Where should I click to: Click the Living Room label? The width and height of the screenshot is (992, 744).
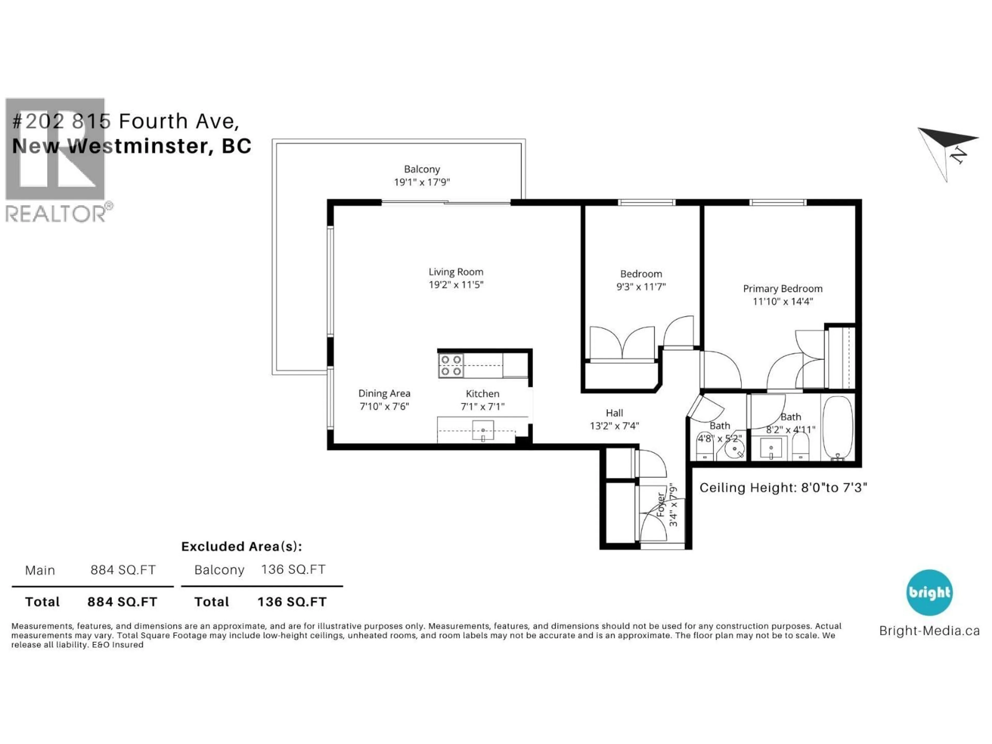pos(456,272)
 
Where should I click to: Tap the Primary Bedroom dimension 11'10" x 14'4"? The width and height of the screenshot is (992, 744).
pos(782,301)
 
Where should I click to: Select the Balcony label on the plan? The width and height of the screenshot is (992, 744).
pos(422,169)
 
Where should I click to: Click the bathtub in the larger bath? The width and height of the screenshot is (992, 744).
pos(837,427)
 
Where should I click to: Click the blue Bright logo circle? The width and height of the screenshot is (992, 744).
pos(929,592)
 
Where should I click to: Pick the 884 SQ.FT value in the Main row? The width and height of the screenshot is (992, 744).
pos(123,570)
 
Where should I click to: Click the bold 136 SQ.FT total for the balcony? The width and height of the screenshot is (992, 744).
pos(292,602)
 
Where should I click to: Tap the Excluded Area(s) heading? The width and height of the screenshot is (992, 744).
pos(241,546)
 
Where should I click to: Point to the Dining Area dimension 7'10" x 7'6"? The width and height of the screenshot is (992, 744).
pos(384,406)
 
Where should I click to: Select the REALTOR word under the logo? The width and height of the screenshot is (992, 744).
pos(56,214)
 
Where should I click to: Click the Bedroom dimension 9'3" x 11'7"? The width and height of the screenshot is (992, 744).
pos(641,286)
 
